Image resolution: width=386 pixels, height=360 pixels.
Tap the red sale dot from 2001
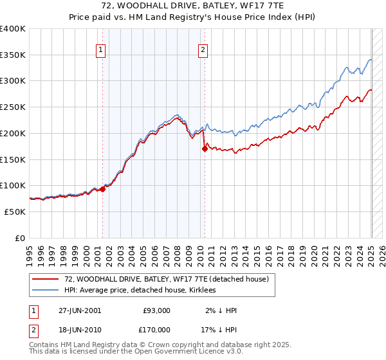click(102, 189)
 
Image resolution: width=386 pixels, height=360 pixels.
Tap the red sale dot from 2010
click(205, 148)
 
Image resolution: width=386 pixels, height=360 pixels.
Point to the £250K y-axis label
click(13, 107)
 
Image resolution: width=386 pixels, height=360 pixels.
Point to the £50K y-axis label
click(15, 212)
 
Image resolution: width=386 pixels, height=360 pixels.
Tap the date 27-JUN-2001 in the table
click(80, 310)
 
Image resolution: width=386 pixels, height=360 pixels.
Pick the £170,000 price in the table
click(156, 329)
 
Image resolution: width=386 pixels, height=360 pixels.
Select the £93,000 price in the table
click(156, 310)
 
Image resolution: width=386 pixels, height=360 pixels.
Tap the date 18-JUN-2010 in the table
click(80, 329)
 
